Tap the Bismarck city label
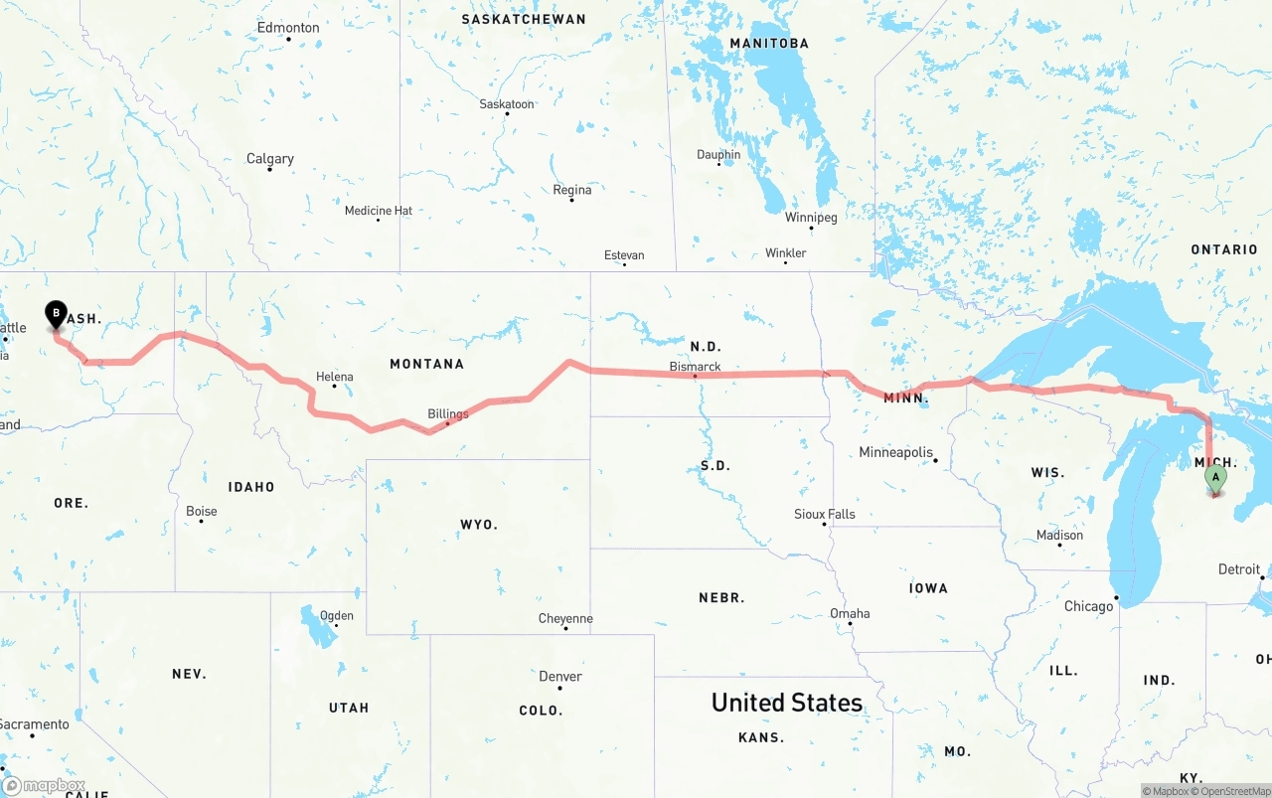coord(695,367)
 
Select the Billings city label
coord(448,413)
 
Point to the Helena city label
coord(335,377)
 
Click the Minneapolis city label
coord(896,452)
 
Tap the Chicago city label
coord(1089,606)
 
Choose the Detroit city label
coord(1238,569)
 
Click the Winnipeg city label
coord(811,217)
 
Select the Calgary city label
coord(270,158)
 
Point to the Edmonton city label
coord(288,27)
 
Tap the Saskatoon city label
coord(507,103)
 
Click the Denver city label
coord(560,676)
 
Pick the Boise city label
coord(202,511)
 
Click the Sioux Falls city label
coord(825,514)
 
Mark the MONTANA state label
coord(426,364)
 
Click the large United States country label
coord(787,703)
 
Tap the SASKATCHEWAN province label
coord(524,19)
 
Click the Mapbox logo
coord(44,785)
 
